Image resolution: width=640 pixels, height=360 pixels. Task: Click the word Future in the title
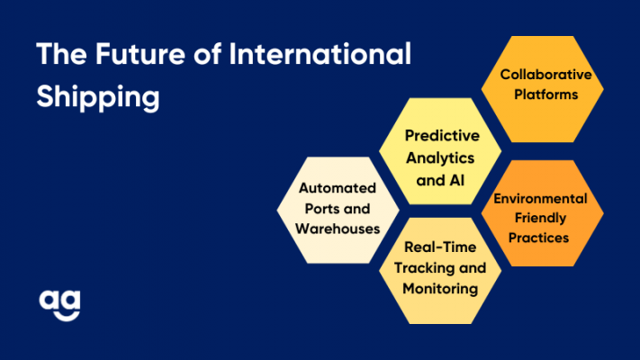tap(140, 54)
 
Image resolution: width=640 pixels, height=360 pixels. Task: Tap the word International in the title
tap(320, 54)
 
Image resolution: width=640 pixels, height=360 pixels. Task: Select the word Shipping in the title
tap(98, 97)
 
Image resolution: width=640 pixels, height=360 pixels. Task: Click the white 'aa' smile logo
tap(60, 305)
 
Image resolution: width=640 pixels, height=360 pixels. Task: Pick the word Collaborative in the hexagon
tap(545, 75)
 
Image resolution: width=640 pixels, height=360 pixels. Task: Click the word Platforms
tap(545, 94)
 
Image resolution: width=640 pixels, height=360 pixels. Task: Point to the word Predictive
tap(442, 136)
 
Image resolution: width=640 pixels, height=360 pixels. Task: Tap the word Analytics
tap(440, 158)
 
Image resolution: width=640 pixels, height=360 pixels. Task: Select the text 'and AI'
tap(440, 180)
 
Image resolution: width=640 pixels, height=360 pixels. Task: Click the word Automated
tap(338, 188)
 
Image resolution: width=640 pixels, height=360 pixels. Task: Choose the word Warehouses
tap(338, 229)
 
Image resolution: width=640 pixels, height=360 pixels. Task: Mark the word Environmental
tap(540, 198)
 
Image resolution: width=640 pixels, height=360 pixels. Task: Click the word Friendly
tap(540, 218)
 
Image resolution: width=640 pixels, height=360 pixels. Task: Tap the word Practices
tap(538, 238)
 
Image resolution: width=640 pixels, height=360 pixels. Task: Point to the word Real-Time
tap(440, 247)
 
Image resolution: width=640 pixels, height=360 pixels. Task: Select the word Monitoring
tap(440, 289)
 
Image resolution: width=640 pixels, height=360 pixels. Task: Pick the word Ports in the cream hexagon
tap(320, 209)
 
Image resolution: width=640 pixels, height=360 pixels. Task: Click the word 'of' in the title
tap(207, 54)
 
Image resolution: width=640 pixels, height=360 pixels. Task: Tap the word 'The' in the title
tap(61, 54)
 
